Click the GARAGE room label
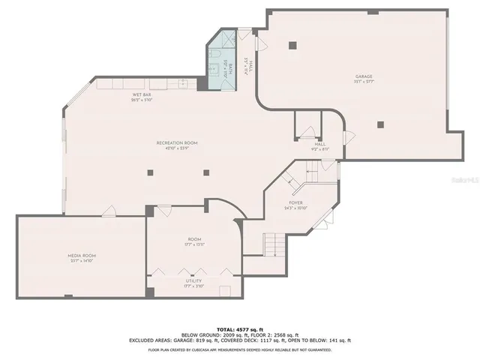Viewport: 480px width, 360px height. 364,76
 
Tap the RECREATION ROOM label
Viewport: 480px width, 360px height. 176,142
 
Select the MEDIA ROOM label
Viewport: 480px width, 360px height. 81,256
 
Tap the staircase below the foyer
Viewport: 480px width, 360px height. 274,243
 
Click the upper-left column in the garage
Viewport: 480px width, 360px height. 292,45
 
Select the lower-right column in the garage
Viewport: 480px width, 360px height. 381,124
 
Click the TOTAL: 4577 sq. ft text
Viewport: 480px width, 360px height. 240,329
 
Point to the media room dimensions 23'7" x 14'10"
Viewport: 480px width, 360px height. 81,261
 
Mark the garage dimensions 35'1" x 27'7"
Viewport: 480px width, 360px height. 364,82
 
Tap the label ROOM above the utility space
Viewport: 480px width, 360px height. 193,239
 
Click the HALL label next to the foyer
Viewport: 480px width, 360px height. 319,144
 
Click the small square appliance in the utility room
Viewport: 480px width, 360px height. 223,290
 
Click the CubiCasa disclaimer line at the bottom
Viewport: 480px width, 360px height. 240,349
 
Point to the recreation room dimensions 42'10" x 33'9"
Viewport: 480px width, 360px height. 176,148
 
